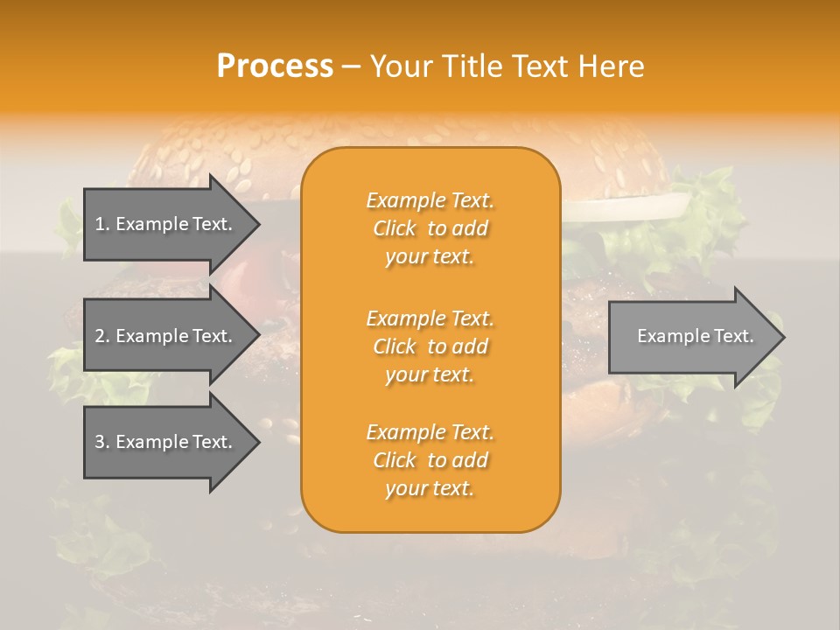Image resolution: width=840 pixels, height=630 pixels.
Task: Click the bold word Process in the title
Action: tap(275, 66)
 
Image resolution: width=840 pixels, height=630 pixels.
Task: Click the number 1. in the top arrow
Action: tap(102, 224)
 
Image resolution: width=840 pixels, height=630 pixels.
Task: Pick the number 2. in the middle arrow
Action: tap(102, 336)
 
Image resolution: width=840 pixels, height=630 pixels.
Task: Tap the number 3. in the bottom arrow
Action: tap(102, 442)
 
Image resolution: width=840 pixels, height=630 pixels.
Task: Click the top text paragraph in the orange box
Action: tap(430, 228)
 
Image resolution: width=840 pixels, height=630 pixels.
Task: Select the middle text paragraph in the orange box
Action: tap(430, 346)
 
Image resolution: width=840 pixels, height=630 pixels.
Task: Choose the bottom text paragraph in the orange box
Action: tap(430, 460)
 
